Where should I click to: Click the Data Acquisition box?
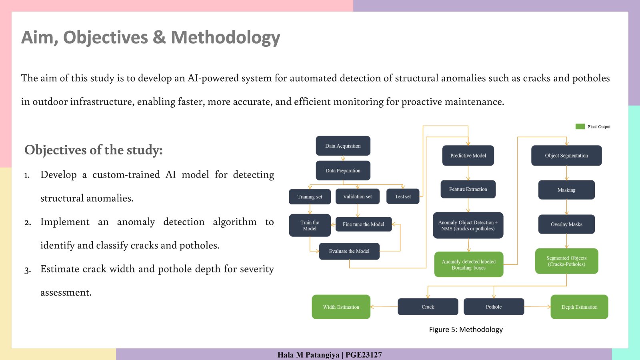[x=343, y=146]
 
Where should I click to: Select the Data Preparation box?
[x=343, y=170]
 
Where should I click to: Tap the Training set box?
[x=310, y=196]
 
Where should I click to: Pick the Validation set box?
[x=358, y=196]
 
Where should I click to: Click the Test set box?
[x=403, y=196]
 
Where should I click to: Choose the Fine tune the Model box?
[x=364, y=224]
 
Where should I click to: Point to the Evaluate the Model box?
[x=349, y=251]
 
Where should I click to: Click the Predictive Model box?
[x=468, y=156]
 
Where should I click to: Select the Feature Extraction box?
[x=468, y=189]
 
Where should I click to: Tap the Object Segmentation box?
[x=566, y=156]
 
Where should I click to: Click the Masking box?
[x=566, y=190]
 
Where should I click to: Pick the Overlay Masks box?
[x=566, y=224]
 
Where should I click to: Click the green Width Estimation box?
[x=341, y=307]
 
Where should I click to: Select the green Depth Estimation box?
[x=579, y=307]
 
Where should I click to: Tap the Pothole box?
[x=494, y=306]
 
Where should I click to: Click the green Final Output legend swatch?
[x=580, y=126]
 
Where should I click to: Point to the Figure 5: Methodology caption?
[x=466, y=330]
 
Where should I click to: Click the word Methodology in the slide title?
[x=226, y=38]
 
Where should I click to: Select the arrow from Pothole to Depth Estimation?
[x=538, y=307]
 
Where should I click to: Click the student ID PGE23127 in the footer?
[x=364, y=355]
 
